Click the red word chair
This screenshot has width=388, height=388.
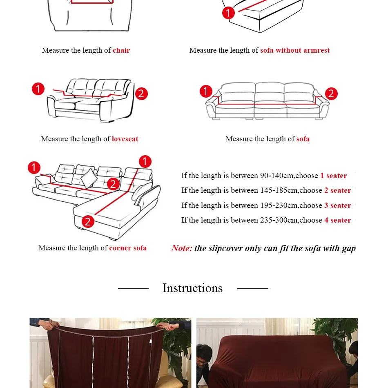[121, 50]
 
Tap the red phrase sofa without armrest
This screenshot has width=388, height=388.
[295, 50]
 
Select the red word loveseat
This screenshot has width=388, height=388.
[125, 139]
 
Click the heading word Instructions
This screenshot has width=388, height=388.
[192, 288]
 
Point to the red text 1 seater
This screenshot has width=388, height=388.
[334, 176]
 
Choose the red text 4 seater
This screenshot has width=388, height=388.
[338, 220]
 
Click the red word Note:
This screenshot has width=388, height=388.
[182, 248]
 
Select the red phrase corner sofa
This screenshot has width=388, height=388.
[128, 248]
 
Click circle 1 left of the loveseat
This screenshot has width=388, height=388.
[38, 89]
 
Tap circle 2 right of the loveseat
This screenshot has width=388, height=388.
[141, 94]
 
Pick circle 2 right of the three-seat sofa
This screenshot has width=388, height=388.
[331, 94]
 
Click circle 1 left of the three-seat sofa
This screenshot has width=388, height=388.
[206, 91]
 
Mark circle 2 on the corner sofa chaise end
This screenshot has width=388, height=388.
[87, 221]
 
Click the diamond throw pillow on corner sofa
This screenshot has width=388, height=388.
[89, 178]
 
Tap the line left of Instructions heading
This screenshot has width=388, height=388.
[134, 288]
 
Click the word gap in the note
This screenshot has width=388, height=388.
[349, 248]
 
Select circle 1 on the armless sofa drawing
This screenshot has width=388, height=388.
[228, 13]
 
